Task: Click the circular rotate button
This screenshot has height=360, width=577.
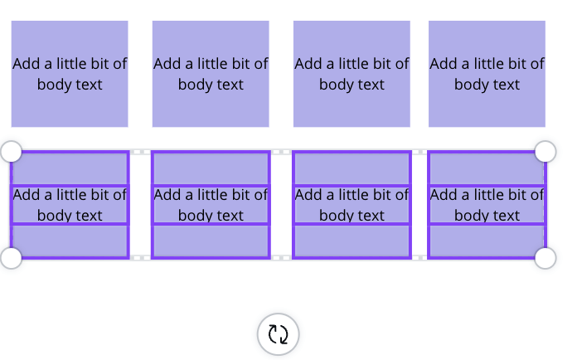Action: pos(278,334)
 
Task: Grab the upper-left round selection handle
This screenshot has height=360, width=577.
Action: pos(12,151)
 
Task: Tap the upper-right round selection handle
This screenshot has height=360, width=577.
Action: pos(545,151)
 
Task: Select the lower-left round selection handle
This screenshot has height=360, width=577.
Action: pos(12,258)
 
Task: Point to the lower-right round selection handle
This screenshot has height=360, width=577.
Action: pos(545,258)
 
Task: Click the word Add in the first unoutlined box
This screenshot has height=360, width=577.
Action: pos(27,64)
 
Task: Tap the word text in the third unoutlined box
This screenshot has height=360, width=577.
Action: pos(370,85)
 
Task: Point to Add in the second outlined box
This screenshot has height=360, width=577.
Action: pos(167,195)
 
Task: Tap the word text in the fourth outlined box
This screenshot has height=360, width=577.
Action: pos(505,216)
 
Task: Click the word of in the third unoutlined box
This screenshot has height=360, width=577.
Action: pos(402,64)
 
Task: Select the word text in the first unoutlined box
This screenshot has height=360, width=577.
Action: pos(88,85)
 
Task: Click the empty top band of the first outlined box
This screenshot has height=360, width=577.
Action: pos(70,168)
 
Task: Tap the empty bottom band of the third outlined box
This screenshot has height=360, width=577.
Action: pos(352,241)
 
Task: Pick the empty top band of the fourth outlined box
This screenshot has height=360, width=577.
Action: pos(487,168)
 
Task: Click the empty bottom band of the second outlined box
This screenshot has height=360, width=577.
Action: pos(211,241)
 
